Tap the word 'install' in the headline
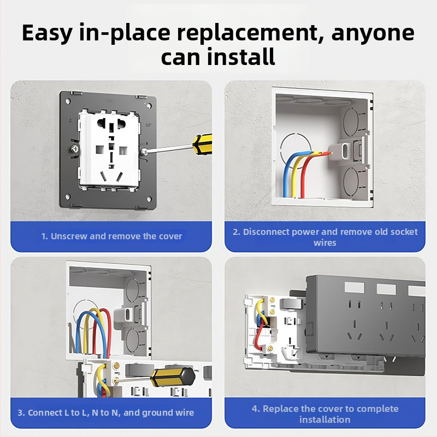[241, 56]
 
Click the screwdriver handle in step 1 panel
[203, 144]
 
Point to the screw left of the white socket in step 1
[74, 149]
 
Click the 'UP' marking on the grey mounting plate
[149, 125]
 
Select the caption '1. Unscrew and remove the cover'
[111, 237]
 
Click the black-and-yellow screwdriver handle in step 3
[173, 377]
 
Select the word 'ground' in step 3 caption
[157, 413]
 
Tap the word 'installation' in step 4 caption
[324, 420]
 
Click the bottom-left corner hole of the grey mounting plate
[67, 197]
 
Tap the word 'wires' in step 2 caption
[324, 243]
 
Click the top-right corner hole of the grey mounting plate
[149, 105]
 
